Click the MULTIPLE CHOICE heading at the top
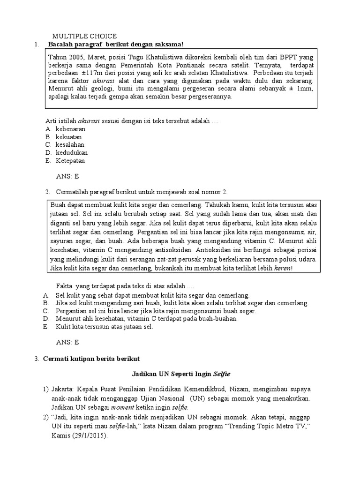point(84,36)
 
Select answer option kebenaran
point(70,128)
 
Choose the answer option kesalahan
point(70,144)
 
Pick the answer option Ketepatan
point(70,160)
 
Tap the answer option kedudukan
point(71,152)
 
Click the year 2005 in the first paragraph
point(75,57)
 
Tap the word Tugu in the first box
point(140,57)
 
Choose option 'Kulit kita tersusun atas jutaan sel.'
point(104,327)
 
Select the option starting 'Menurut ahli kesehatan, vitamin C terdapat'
point(146,319)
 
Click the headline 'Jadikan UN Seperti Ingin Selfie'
point(180,374)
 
